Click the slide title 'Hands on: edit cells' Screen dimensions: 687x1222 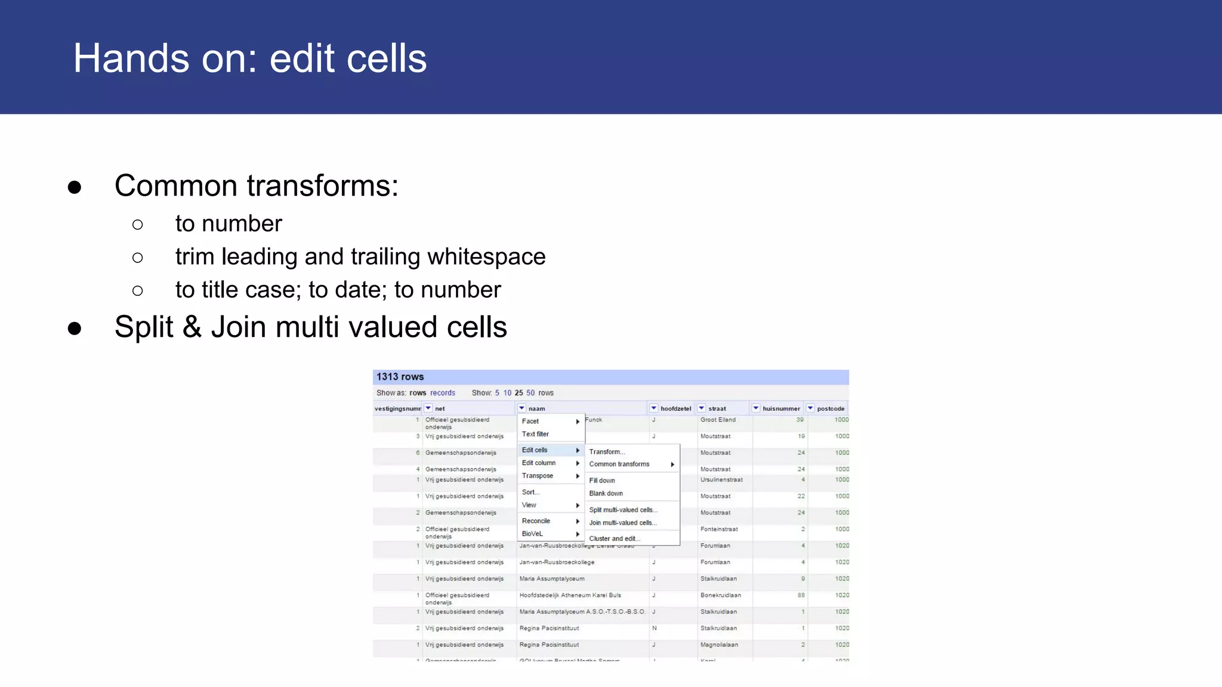(249, 58)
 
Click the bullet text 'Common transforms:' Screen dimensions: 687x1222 (256, 185)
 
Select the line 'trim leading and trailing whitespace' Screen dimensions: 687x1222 (360, 256)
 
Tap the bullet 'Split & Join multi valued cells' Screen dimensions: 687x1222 (310, 327)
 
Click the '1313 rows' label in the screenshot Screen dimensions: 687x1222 (400, 377)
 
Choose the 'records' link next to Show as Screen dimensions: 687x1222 (442, 393)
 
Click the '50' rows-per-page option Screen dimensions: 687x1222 (530, 393)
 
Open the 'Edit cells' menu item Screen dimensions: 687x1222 (535, 450)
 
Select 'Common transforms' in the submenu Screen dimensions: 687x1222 (619, 464)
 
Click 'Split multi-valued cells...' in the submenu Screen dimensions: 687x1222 (623, 510)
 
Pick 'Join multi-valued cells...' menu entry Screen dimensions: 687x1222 (622, 523)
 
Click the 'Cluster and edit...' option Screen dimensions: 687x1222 (614, 539)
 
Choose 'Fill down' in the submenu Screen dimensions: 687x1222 (601, 481)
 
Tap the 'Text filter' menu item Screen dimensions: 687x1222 (535, 434)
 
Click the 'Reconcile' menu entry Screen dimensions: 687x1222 (536, 521)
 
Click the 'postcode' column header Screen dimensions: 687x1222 (831, 409)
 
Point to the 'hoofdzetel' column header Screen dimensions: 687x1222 (675, 409)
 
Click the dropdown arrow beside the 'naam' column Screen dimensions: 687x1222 (521, 409)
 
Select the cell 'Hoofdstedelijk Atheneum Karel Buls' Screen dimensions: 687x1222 (570, 595)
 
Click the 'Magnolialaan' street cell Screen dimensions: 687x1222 (719, 645)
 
